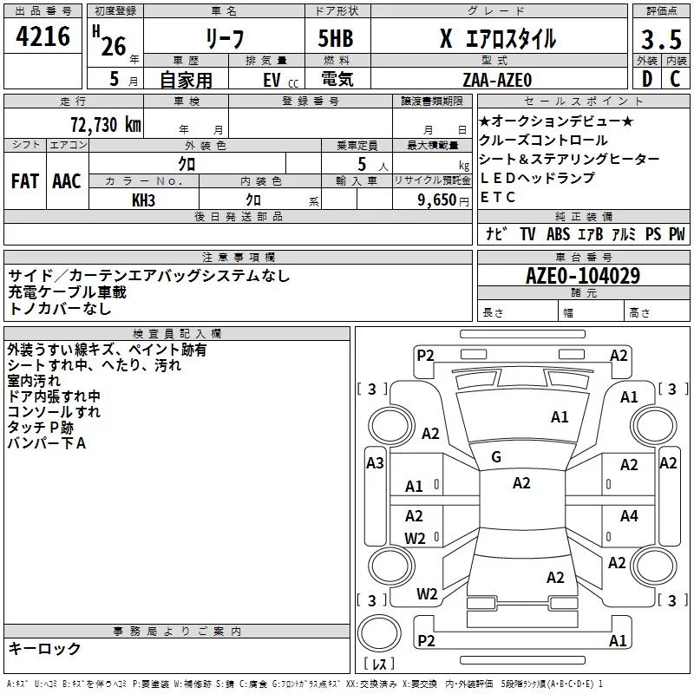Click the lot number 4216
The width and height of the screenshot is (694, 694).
point(43,39)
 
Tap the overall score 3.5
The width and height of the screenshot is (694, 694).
point(659,39)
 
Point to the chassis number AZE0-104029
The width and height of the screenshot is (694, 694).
point(583,277)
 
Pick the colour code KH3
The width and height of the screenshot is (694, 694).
point(143,200)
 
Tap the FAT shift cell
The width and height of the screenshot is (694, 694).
point(24,181)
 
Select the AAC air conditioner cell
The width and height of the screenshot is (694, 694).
point(66,181)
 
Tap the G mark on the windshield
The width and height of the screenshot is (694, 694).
point(496,457)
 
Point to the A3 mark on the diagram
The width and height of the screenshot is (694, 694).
point(375,463)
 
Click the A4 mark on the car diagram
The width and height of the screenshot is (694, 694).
point(629,516)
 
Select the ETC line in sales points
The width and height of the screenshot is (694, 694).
point(498,197)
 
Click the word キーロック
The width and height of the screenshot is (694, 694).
point(44,649)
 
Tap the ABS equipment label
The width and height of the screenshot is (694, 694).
point(558,234)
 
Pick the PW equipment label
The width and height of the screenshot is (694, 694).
point(677,234)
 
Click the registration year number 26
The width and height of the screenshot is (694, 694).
point(114,45)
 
